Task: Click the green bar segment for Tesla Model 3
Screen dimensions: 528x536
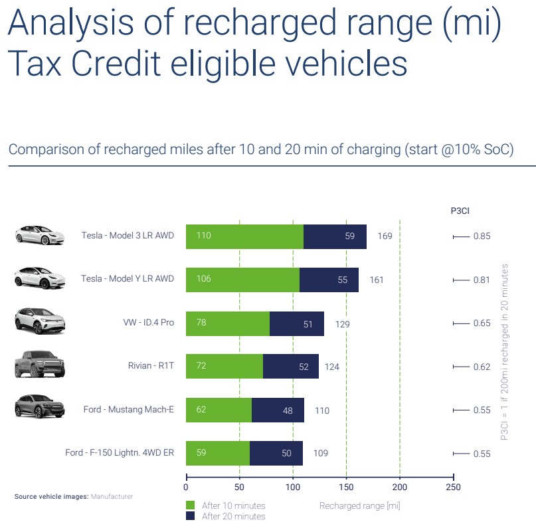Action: coord(244,236)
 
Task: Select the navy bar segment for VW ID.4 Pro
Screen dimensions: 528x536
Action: coord(297,323)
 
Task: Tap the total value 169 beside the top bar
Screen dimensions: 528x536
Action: coord(385,236)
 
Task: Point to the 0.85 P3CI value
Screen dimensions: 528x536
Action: coord(482,236)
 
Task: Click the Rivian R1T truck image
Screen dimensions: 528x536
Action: coord(40,365)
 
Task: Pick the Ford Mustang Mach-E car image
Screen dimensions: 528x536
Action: coord(40,407)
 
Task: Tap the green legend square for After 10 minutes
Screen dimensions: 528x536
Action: coord(191,505)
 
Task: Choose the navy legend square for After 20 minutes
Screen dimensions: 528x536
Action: coord(191,516)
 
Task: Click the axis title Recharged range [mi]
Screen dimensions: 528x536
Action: coord(359,506)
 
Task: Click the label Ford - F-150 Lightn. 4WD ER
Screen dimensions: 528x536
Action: coord(120,453)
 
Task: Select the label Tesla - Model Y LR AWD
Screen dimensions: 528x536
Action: coord(128,279)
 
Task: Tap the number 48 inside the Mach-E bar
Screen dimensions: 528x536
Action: coord(288,411)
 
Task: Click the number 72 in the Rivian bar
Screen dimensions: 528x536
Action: coord(201,367)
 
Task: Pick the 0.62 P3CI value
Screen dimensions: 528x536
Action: coord(482,367)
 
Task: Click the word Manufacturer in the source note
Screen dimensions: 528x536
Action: coord(112,496)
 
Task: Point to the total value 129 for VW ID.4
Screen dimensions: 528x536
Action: coord(341,324)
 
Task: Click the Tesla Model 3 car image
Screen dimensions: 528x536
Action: coord(40,235)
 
